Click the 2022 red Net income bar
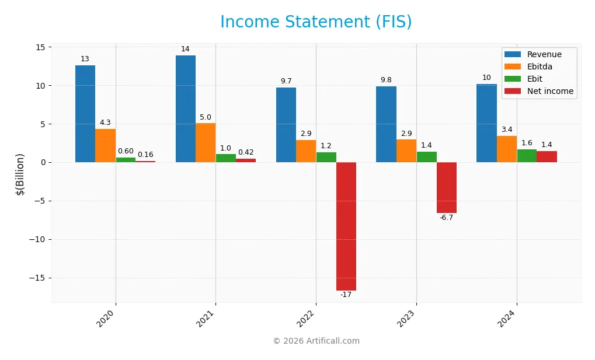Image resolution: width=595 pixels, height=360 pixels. [x=346, y=226]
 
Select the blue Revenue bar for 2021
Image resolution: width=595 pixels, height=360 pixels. [x=186, y=109]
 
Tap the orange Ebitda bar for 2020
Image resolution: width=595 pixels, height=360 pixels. [x=105, y=145]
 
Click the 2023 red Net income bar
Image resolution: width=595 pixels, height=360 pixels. [x=446, y=187]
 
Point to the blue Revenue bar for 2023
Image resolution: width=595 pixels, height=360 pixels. [x=386, y=124]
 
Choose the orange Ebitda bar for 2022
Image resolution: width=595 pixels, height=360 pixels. [x=306, y=151]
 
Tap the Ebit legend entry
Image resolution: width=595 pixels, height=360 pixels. [x=535, y=79]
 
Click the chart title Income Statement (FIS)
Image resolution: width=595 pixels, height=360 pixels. [x=316, y=22]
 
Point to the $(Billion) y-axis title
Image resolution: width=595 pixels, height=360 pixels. [x=20, y=174]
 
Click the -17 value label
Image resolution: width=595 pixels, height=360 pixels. [x=346, y=295]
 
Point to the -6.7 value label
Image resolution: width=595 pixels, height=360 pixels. [x=446, y=218]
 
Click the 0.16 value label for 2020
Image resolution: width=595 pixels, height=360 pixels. [x=145, y=155]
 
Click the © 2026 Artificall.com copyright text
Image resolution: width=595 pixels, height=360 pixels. [x=316, y=341]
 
